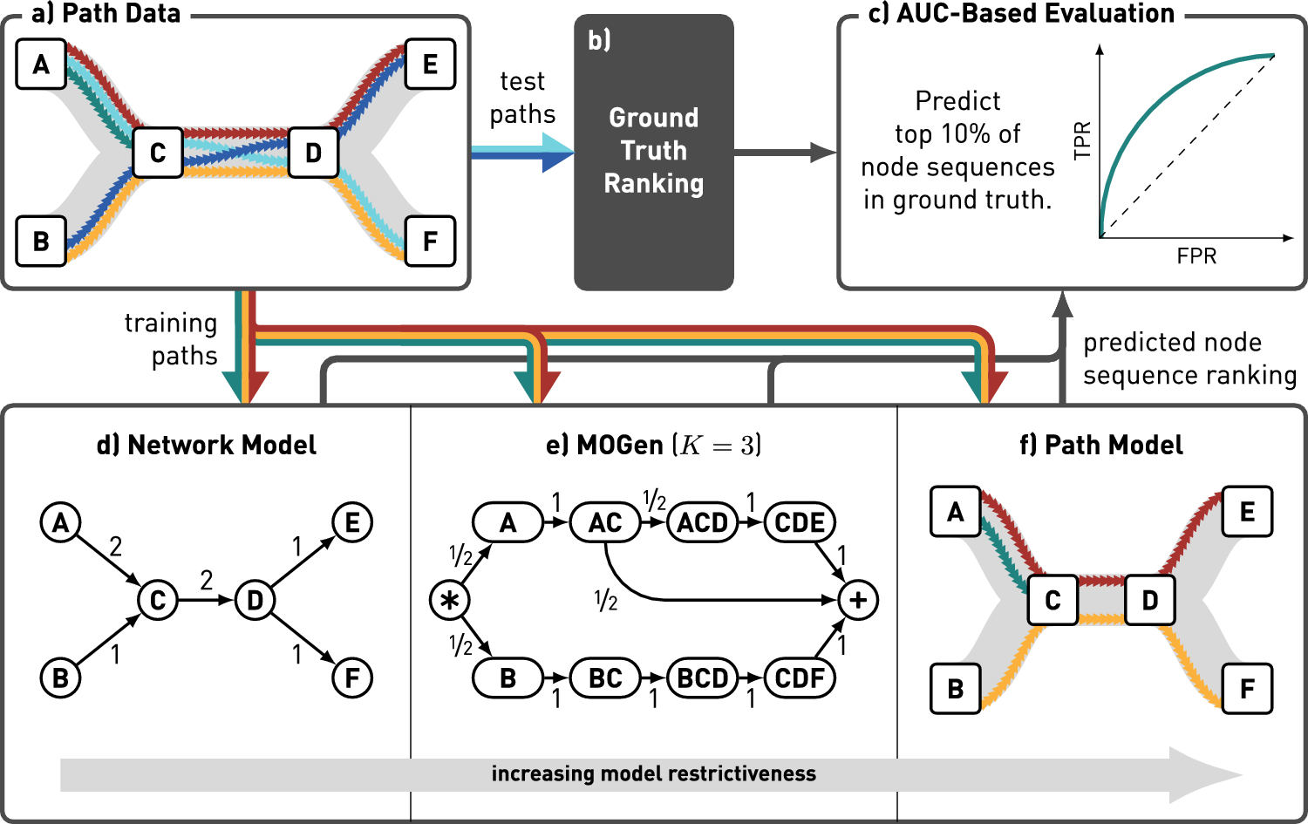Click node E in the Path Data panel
pyautogui.click(x=430, y=64)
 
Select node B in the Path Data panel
pyautogui.click(x=41, y=242)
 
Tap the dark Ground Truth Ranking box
pyautogui.click(x=653, y=153)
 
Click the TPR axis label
pyautogui.click(x=1082, y=140)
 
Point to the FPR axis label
pyautogui.click(x=1196, y=255)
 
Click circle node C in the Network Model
pyautogui.click(x=158, y=600)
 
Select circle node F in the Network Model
pyautogui.click(x=352, y=678)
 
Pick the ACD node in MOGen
pyautogui.click(x=703, y=522)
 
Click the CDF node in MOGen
pyautogui.click(x=800, y=678)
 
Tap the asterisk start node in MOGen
pyautogui.click(x=450, y=600)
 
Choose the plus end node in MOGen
pyautogui.click(x=858, y=600)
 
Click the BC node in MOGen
pyautogui.click(x=605, y=678)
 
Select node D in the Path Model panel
pyautogui.click(x=1150, y=600)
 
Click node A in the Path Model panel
pyautogui.click(x=956, y=512)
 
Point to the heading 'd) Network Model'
pyautogui.click(x=206, y=445)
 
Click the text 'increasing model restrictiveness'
pyautogui.click(x=653, y=773)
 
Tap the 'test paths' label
pyautogui.click(x=522, y=98)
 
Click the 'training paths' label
pyautogui.click(x=171, y=339)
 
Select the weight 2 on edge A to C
pyautogui.click(x=116, y=548)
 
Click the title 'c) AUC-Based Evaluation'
pyautogui.click(x=1021, y=13)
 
